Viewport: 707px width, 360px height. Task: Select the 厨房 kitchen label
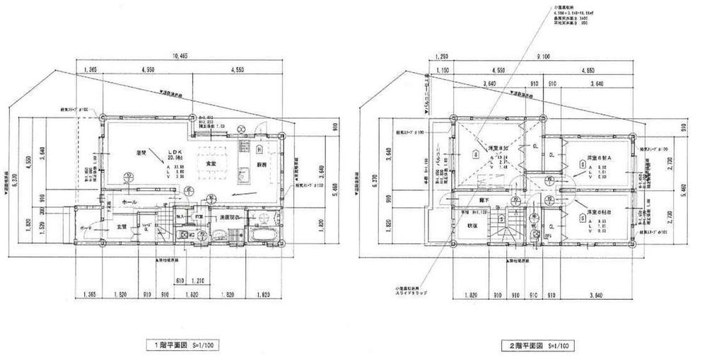coord(261,164)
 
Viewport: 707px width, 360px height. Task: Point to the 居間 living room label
coord(142,152)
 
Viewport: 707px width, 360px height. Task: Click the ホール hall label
coord(130,202)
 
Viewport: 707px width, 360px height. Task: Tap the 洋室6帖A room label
coord(601,157)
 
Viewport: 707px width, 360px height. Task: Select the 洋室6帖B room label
coord(601,211)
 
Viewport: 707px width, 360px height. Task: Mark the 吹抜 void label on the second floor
coord(472,227)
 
